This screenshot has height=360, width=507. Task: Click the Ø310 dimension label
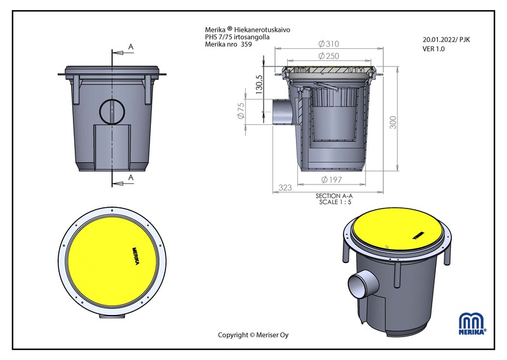click(x=328, y=44)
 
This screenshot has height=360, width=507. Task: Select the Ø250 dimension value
click(x=328, y=56)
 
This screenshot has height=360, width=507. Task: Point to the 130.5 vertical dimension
click(x=259, y=84)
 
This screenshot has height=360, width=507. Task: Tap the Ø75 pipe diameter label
click(x=241, y=111)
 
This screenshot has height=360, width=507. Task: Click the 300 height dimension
click(x=393, y=122)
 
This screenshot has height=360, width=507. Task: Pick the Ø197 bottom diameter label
click(x=331, y=179)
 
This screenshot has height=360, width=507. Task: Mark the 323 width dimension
click(x=285, y=188)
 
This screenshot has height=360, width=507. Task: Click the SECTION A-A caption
click(x=334, y=196)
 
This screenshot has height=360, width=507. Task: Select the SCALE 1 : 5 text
click(x=335, y=202)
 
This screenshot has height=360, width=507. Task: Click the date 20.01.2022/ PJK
click(x=446, y=40)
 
